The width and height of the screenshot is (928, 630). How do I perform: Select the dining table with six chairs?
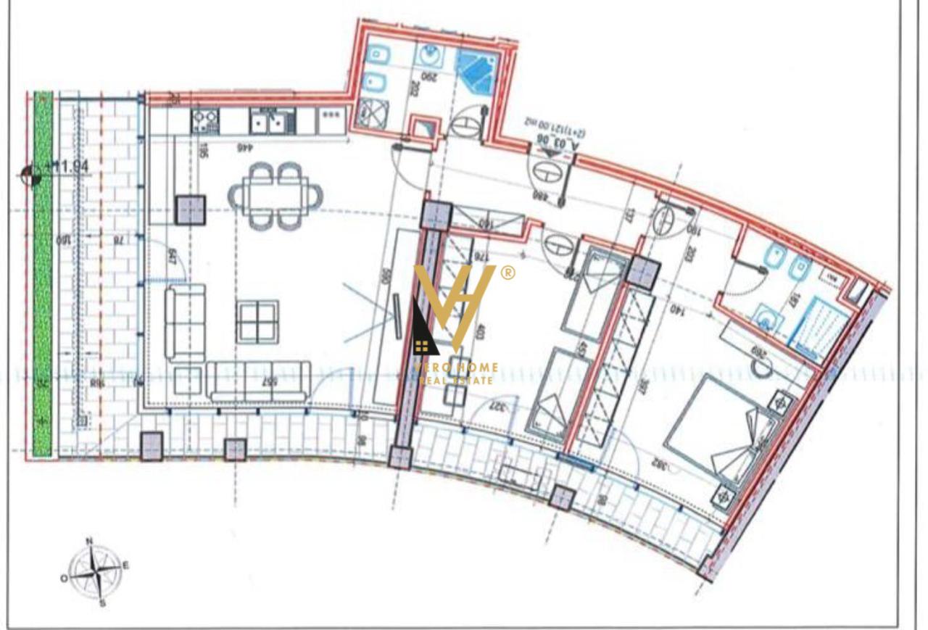click(276, 195)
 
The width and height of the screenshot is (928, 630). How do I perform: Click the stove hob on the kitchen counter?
click(205, 120)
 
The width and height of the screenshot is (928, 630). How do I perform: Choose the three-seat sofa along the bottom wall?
click(258, 379)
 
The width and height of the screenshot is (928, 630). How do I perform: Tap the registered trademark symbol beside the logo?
click(508, 273)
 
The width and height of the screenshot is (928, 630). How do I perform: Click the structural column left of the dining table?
click(191, 210)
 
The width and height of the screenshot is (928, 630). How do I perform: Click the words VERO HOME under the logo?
click(455, 368)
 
